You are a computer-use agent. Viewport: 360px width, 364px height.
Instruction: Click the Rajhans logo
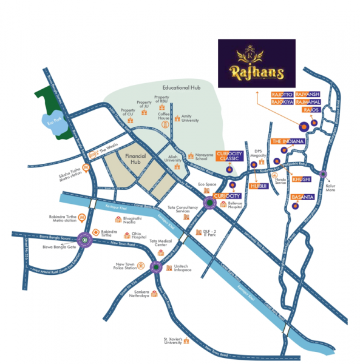pyautogui.click(x=257, y=64)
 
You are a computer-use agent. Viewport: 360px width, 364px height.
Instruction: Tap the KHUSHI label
pyautogui.click(x=301, y=180)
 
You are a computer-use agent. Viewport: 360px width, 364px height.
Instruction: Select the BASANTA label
pyautogui.click(x=301, y=198)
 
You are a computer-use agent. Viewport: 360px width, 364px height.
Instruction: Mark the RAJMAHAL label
pyautogui.click(x=307, y=103)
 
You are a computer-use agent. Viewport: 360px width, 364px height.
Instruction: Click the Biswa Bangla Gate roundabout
pyautogui.click(x=84, y=240)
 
